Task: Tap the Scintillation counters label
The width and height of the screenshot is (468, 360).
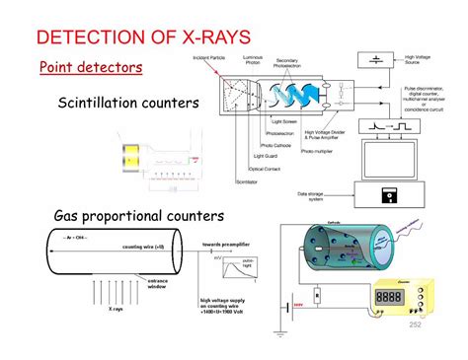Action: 128,103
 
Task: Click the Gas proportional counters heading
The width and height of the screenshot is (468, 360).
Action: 140,216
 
